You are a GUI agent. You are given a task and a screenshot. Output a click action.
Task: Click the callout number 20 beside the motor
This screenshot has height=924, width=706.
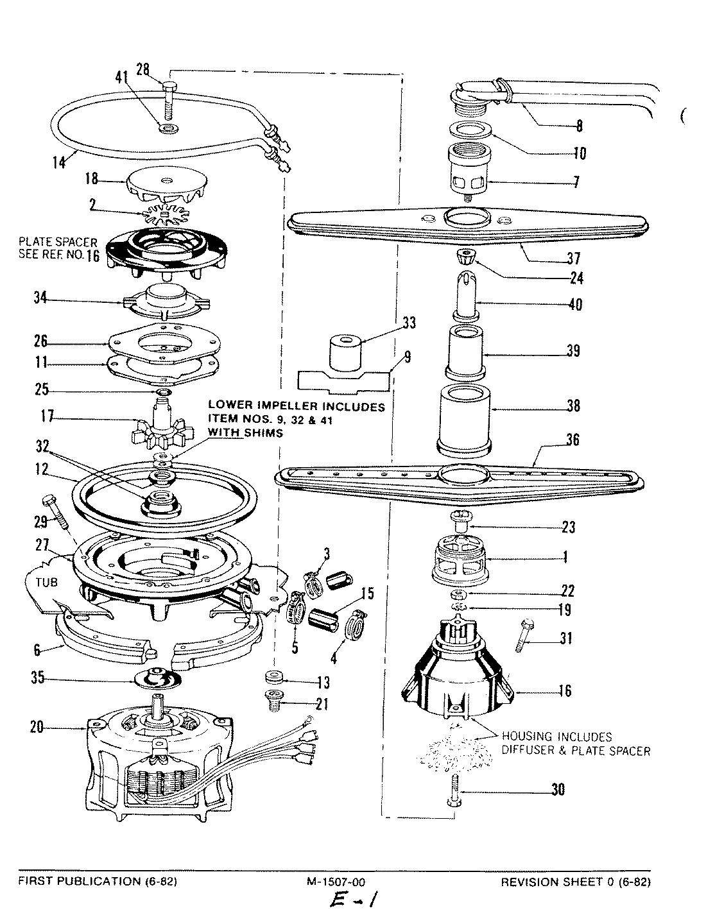[x=37, y=727]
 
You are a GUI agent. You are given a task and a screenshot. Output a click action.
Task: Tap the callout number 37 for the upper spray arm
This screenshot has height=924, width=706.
[x=573, y=259]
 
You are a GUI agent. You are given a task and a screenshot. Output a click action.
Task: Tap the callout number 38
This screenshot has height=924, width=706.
[x=573, y=406]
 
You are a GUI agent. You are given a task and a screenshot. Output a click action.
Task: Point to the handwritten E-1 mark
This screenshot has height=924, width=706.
[x=352, y=902]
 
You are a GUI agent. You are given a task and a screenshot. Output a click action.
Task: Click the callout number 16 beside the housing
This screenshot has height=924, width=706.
[x=565, y=691]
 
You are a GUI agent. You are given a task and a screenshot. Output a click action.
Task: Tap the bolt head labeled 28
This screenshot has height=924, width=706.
[x=169, y=87]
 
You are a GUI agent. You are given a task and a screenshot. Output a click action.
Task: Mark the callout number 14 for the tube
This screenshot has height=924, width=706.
[x=59, y=163]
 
